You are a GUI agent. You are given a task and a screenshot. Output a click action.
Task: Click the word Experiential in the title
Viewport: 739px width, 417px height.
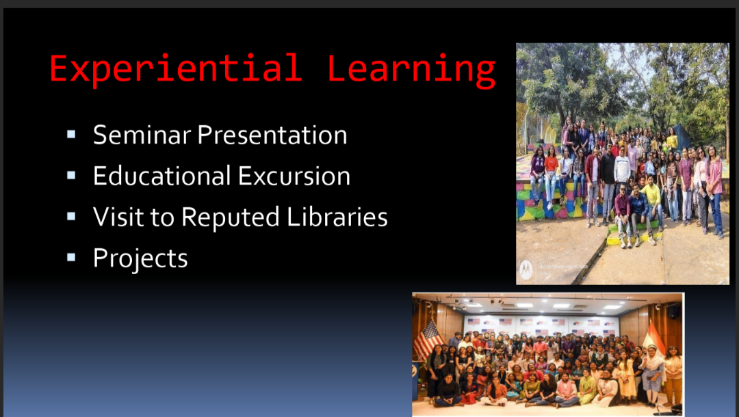click(175, 69)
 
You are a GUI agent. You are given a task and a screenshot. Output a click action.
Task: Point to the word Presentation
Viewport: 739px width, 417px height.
click(272, 135)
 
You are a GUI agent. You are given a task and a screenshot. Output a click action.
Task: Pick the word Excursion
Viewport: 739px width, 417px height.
click(294, 176)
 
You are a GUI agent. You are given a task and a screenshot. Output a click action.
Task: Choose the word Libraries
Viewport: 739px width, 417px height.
click(337, 217)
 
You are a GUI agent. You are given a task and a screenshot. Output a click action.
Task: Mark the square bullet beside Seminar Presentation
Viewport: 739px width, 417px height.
click(71, 135)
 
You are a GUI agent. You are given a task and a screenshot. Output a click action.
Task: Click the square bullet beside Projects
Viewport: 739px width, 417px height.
click(71, 258)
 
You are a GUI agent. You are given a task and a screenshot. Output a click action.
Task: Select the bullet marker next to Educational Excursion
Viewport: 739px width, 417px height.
click(71, 176)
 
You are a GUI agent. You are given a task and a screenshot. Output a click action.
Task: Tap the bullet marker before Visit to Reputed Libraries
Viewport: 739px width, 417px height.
click(71, 217)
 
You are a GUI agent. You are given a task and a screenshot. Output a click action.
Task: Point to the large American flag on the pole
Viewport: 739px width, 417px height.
click(428, 340)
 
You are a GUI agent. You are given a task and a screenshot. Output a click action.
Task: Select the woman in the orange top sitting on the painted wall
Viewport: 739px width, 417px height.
click(550, 176)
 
